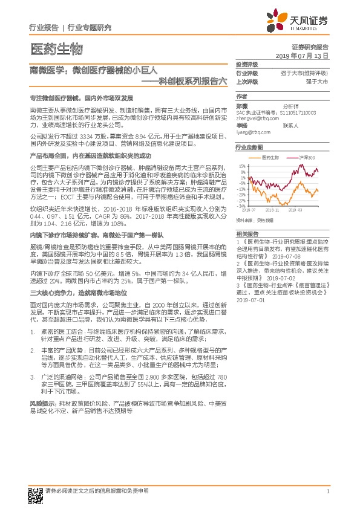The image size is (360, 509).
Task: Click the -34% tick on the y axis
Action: [241, 206]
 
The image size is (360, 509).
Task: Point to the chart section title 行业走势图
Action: [249, 147]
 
